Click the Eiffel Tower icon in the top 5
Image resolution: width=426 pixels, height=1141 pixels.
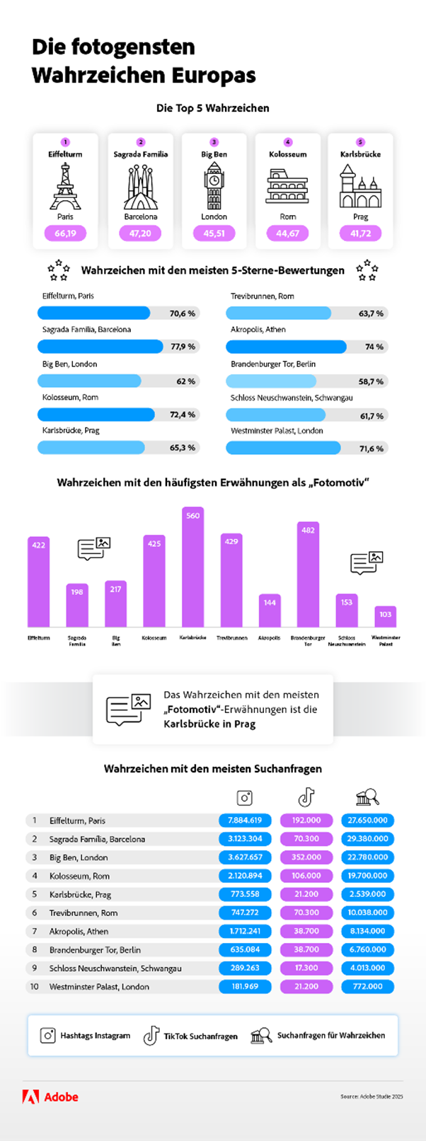(x=65, y=185)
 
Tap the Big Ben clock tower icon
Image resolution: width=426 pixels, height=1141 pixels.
(x=214, y=185)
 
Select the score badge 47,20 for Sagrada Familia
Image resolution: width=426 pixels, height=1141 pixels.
(x=139, y=233)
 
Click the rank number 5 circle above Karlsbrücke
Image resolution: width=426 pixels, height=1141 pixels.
(x=360, y=142)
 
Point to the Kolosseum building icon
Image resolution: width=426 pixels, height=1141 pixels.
(x=287, y=187)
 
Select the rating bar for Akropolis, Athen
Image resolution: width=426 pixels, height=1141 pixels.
(x=286, y=347)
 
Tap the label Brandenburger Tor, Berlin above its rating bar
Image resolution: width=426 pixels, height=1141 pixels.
(x=273, y=364)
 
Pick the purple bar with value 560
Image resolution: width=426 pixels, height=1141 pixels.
(x=193, y=567)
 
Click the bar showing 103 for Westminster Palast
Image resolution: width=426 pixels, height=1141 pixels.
(x=385, y=616)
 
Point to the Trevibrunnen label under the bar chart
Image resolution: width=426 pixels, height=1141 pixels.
(x=231, y=637)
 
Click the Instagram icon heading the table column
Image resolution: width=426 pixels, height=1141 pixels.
(x=245, y=798)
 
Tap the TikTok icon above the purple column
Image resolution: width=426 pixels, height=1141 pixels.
(x=306, y=797)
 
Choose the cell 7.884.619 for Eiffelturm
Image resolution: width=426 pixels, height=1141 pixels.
(x=245, y=821)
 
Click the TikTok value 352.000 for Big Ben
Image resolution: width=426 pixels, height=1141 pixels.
(x=306, y=857)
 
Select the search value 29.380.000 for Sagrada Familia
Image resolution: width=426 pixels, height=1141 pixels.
(x=367, y=839)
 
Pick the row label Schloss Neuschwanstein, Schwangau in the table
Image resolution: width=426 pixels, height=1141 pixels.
(x=115, y=968)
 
